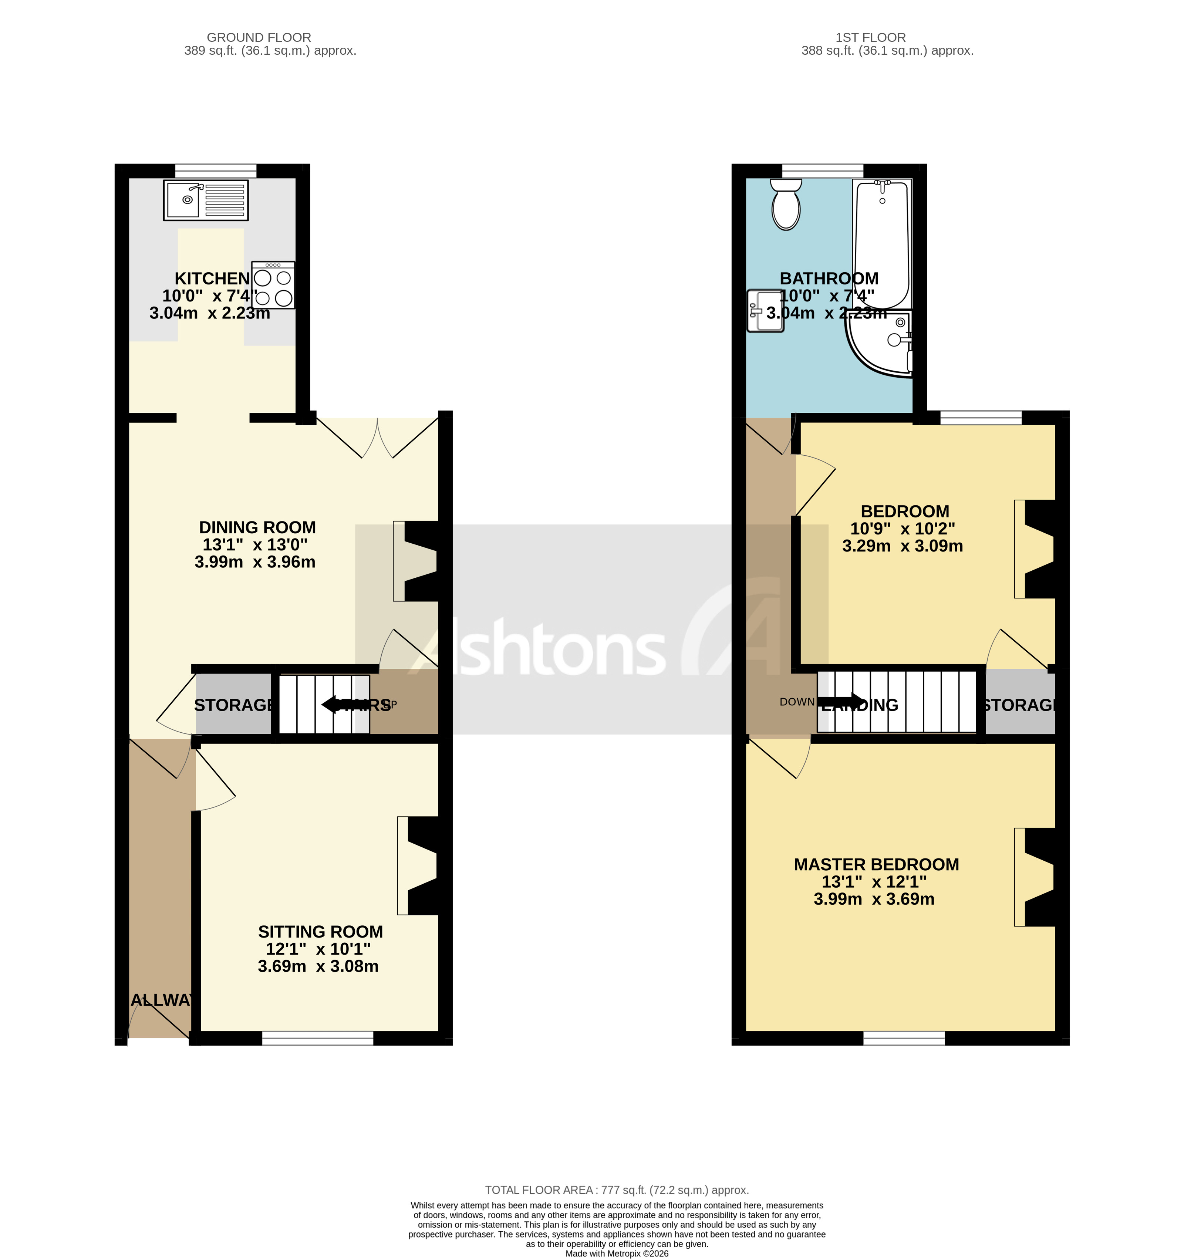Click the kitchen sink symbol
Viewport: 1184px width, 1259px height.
(205, 200)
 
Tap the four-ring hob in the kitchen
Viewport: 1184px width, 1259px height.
(273, 286)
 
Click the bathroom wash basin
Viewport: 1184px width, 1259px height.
(765, 311)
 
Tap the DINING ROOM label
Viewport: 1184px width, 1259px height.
(257, 527)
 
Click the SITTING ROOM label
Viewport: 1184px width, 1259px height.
(321, 932)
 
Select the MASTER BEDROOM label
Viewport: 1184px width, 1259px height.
(876, 864)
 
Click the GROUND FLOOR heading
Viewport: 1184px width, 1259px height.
(259, 37)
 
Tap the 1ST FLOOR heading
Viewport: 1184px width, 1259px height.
(870, 37)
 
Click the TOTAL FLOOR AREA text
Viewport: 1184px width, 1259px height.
(616, 1190)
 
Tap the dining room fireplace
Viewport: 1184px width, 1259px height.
(418, 561)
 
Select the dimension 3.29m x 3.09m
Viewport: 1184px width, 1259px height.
(902, 546)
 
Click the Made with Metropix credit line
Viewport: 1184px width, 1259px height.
(616, 1253)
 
